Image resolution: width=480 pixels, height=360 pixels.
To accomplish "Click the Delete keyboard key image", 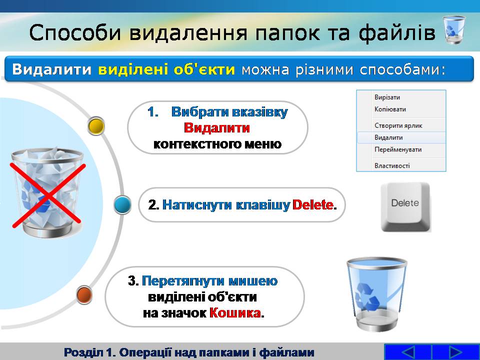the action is (405, 207).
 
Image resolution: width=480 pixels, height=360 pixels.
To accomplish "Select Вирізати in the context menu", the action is (387, 97).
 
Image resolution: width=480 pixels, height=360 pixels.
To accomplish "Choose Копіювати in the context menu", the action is (390, 109).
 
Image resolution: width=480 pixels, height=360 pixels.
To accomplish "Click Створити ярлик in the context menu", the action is (398, 125).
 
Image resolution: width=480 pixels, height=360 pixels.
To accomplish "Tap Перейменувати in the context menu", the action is (398, 149).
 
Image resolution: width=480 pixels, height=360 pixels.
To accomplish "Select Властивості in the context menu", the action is (392, 165).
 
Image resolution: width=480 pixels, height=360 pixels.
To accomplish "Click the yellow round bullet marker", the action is (96, 126).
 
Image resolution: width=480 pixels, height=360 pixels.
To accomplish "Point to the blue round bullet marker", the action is (122, 205).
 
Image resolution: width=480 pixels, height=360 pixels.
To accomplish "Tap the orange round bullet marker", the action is (84, 295).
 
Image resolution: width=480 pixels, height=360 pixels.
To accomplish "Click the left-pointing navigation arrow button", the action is (407, 352).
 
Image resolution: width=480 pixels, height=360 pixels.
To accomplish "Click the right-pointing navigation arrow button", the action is (455, 352).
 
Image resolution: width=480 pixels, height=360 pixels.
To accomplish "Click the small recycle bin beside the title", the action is (454, 30).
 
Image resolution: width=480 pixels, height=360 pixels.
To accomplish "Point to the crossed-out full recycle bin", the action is (47, 193).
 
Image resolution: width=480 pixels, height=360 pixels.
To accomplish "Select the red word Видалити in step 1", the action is (216, 127).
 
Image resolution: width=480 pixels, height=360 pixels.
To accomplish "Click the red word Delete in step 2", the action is (312, 205).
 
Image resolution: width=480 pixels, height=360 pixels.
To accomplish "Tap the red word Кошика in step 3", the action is (235, 313).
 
